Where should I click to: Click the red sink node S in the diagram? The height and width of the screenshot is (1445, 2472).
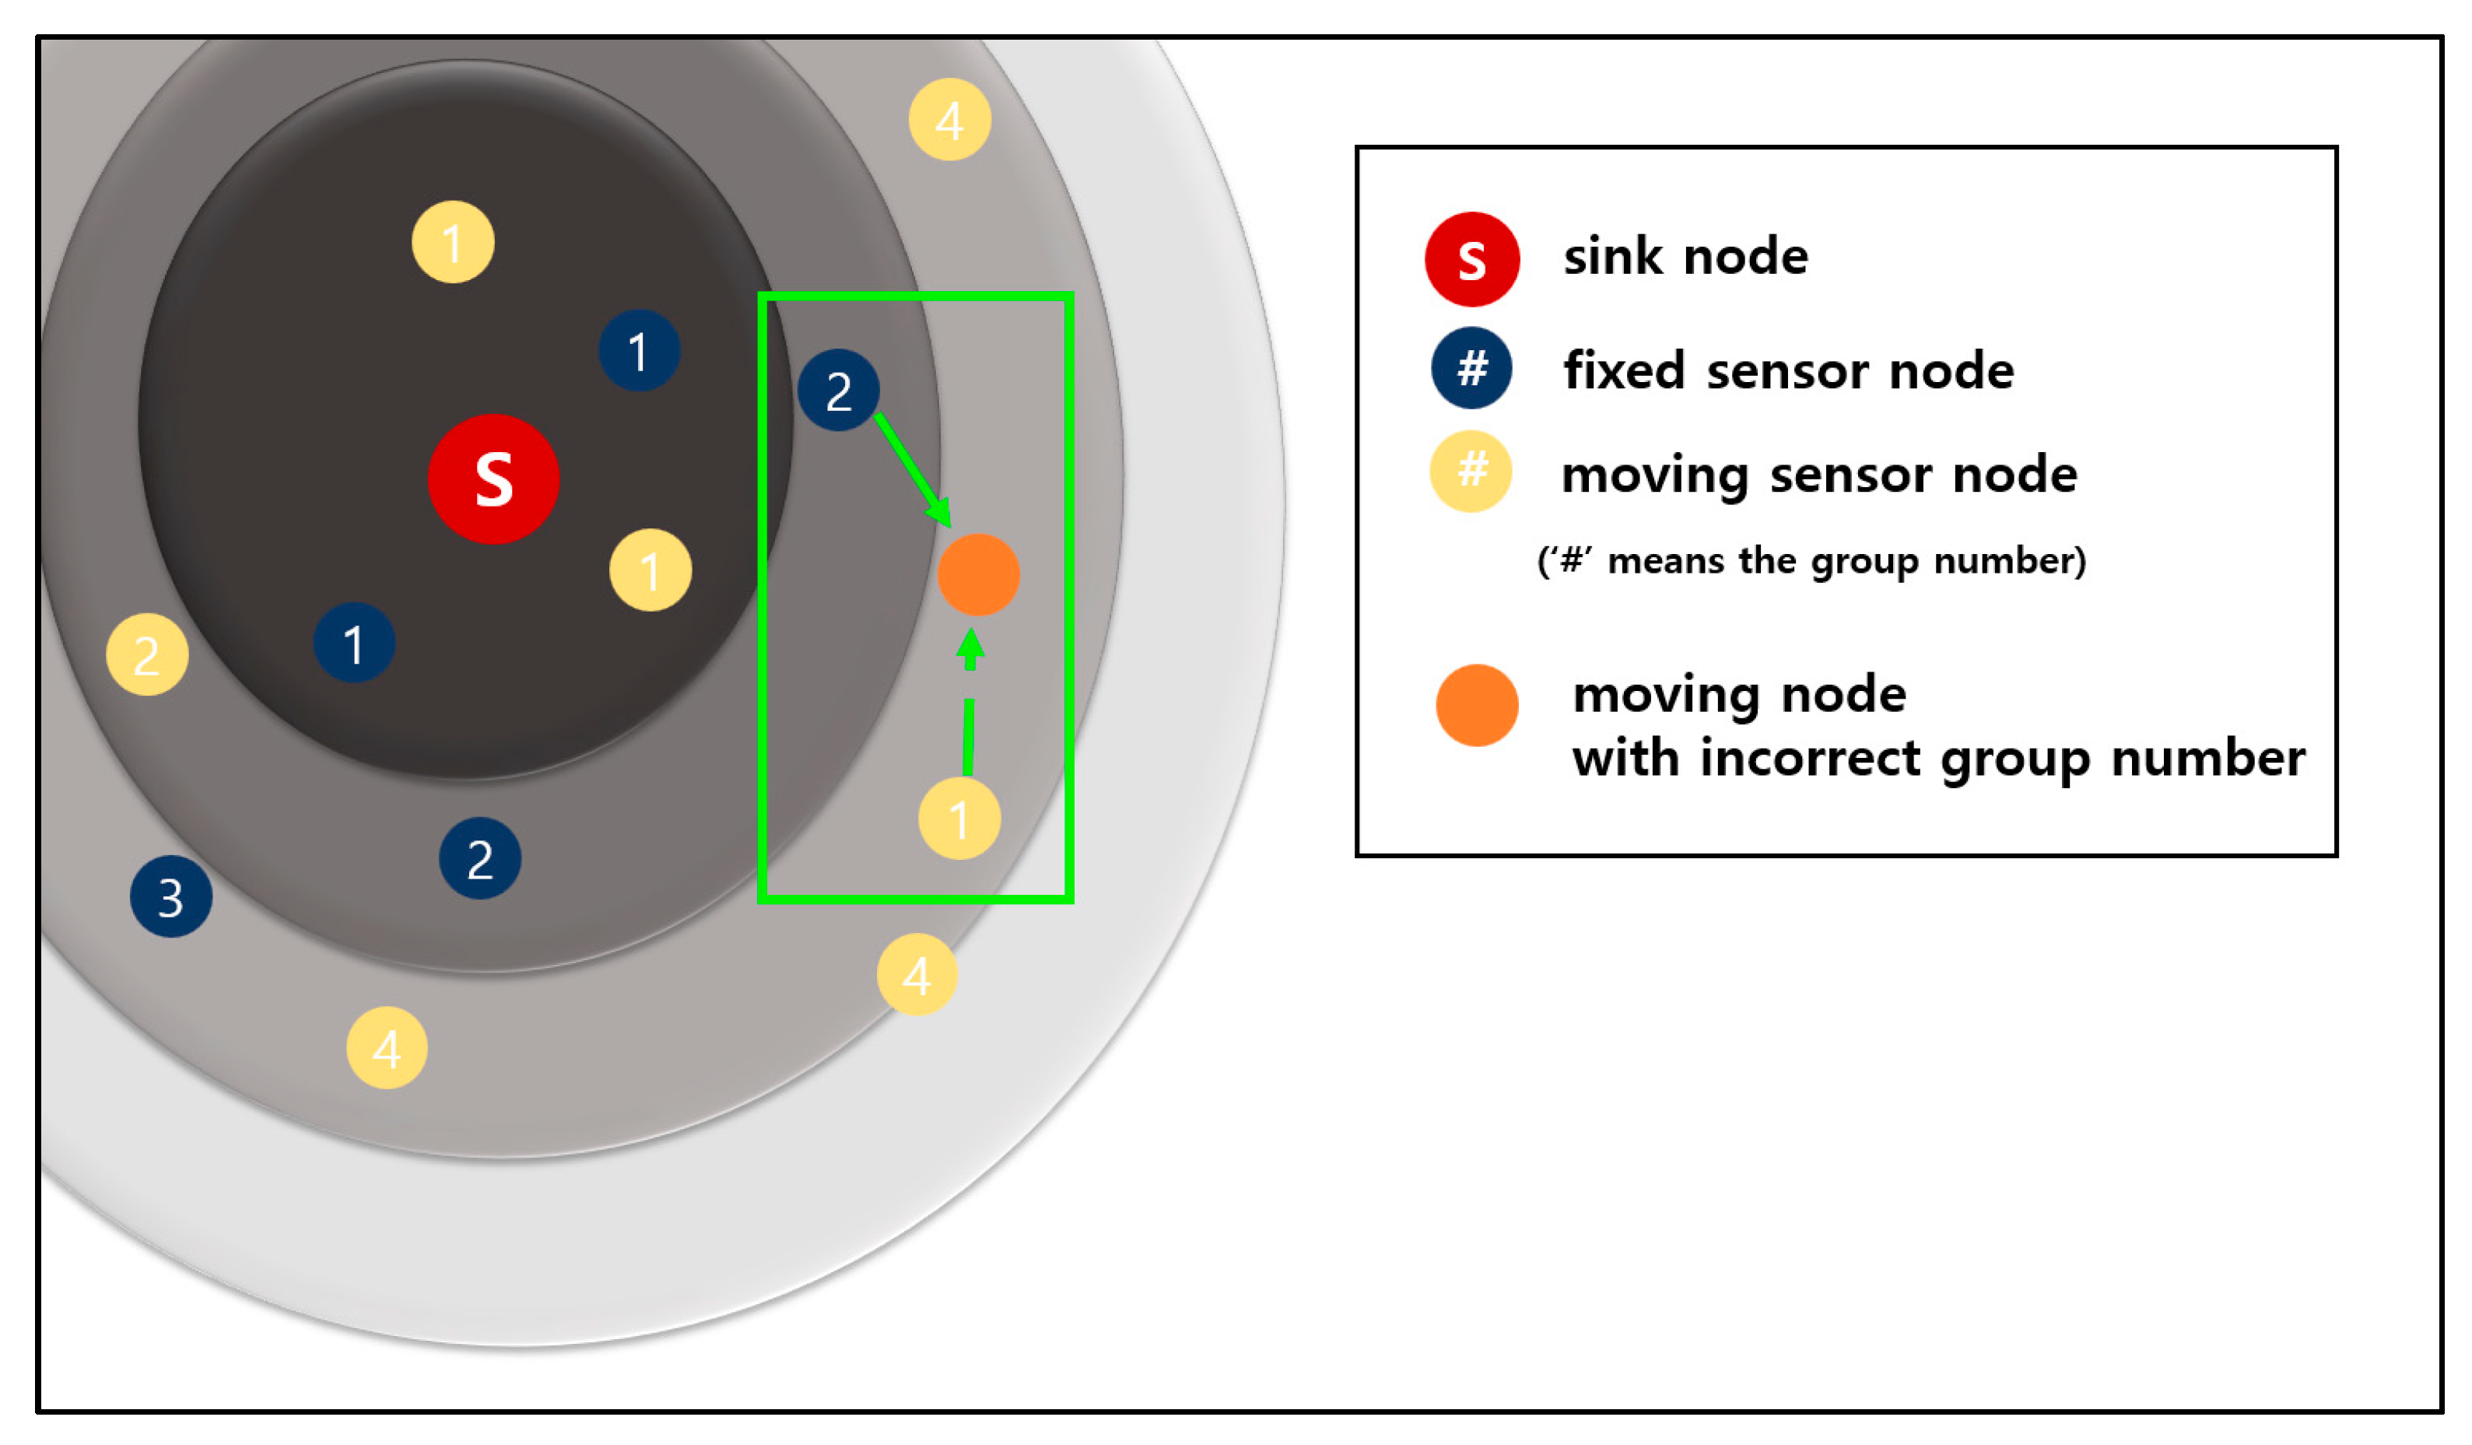pos(493,479)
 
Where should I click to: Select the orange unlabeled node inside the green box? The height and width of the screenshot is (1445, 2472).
pos(978,575)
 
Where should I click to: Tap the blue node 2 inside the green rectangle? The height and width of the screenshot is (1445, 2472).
pos(838,391)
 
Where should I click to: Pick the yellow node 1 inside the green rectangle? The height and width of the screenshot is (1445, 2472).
pos(959,818)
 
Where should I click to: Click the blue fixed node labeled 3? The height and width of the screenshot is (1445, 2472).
pos(170,896)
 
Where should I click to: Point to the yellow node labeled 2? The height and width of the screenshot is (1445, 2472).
pos(147,654)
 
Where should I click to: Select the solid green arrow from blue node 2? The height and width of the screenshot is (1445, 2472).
pos(912,469)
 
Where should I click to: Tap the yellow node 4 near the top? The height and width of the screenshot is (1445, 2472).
pos(948,120)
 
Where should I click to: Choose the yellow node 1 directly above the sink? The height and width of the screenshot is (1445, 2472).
pos(452,242)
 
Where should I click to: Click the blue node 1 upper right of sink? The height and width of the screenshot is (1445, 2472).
pos(639,351)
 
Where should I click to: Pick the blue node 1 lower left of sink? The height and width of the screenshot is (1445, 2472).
pos(354,644)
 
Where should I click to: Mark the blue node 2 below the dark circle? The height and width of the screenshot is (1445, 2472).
pos(479,858)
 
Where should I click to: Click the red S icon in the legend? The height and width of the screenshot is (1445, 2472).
pos(1471,259)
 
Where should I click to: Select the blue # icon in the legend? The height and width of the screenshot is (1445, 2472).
pos(1471,368)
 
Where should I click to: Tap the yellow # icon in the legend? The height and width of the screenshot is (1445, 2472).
pos(1471,471)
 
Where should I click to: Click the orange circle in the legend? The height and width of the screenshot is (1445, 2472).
pos(1476,705)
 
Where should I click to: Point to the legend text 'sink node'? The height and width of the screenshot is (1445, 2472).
pos(1685,257)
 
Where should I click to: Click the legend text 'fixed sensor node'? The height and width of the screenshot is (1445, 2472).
pos(1788,371)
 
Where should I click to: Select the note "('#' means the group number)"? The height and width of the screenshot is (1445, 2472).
pos(1811,561)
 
